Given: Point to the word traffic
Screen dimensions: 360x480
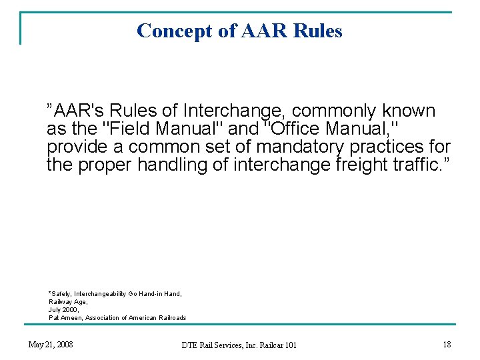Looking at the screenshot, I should coord(415,164).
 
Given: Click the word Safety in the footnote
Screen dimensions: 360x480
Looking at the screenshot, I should coord(61,294).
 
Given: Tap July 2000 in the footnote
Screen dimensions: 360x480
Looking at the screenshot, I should coord(63,310).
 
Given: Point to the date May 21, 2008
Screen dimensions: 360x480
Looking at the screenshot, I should coord(51,345).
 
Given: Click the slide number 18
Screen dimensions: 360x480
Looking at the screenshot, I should coord(447,345).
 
